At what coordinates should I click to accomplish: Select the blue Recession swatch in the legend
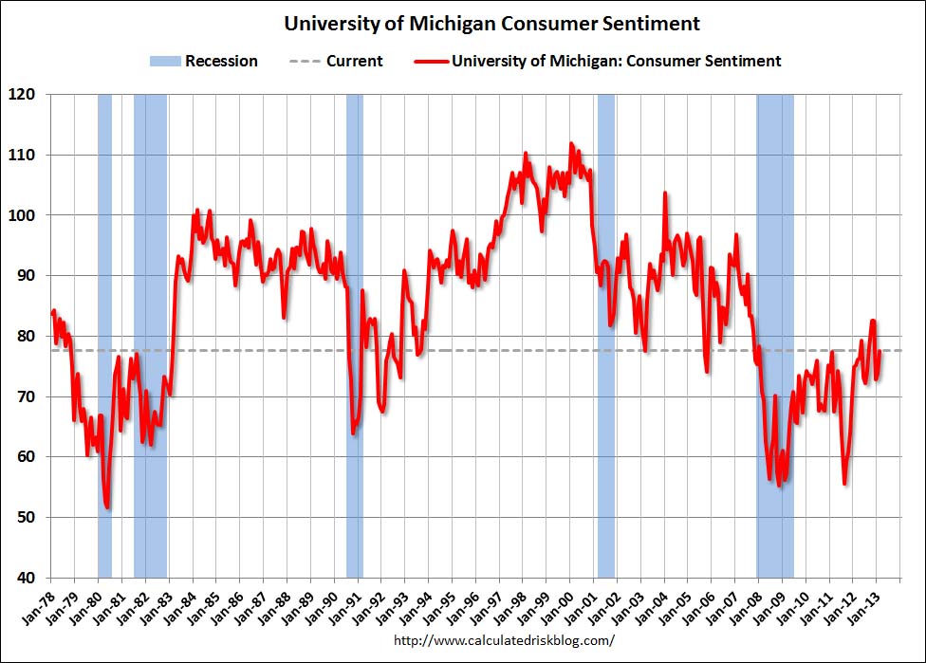click(163, 62)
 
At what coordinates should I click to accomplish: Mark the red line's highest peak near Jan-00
click(570, 144)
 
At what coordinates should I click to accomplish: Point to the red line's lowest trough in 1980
click(108, 507)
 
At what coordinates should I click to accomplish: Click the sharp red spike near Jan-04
click(664, 193)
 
